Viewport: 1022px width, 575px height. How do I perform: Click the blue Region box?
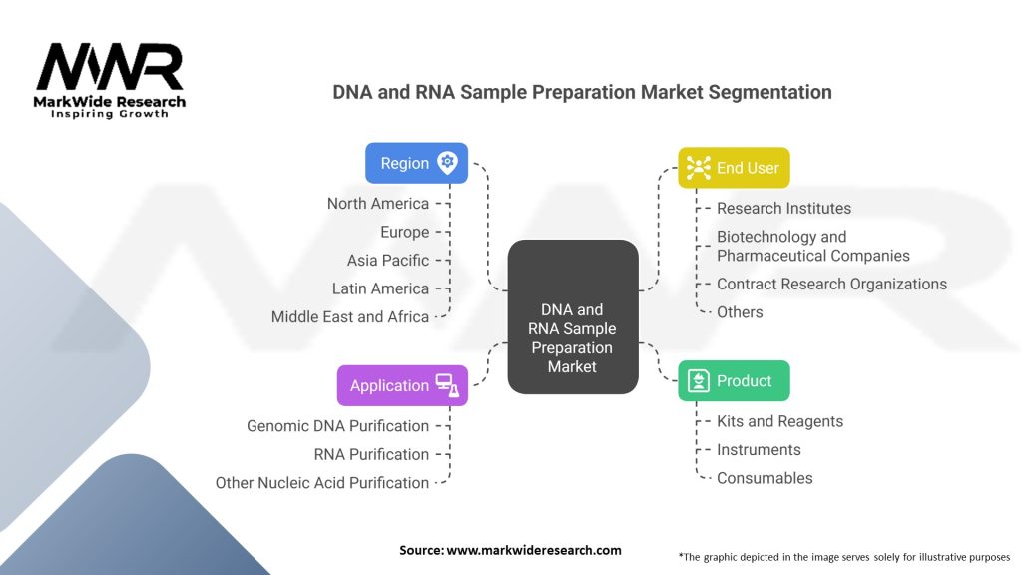(x=416, y=163)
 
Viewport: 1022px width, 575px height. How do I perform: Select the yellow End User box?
(x=734, y=168)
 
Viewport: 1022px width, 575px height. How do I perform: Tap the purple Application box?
(x=402, y=385)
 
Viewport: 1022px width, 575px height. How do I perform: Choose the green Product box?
(x=734, y=381)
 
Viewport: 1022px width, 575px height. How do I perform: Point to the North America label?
(x=378, y=204)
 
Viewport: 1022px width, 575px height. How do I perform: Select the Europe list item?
(x=404, y=232)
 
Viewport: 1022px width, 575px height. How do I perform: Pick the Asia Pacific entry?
(x=388, y=261)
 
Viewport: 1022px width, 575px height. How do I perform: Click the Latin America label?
(x=380, y=288)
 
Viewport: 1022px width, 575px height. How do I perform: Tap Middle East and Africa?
(x=350, y=317)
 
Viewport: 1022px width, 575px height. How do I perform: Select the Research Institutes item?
(x=783, y=209)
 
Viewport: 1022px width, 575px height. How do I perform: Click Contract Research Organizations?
(x=831, y=285)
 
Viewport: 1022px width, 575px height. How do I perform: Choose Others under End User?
(x=740, y=312)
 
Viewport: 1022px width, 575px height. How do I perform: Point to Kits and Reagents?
(x=779, y=421)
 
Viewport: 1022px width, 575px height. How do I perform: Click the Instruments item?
(x=759, y=450)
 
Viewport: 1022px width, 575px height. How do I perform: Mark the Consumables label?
(x=765, y=478)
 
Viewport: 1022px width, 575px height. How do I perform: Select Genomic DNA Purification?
(x=337, y=426)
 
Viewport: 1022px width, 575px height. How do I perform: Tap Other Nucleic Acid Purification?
(x=322, y=483)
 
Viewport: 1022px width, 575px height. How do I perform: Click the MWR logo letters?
(x=110, y=68)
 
